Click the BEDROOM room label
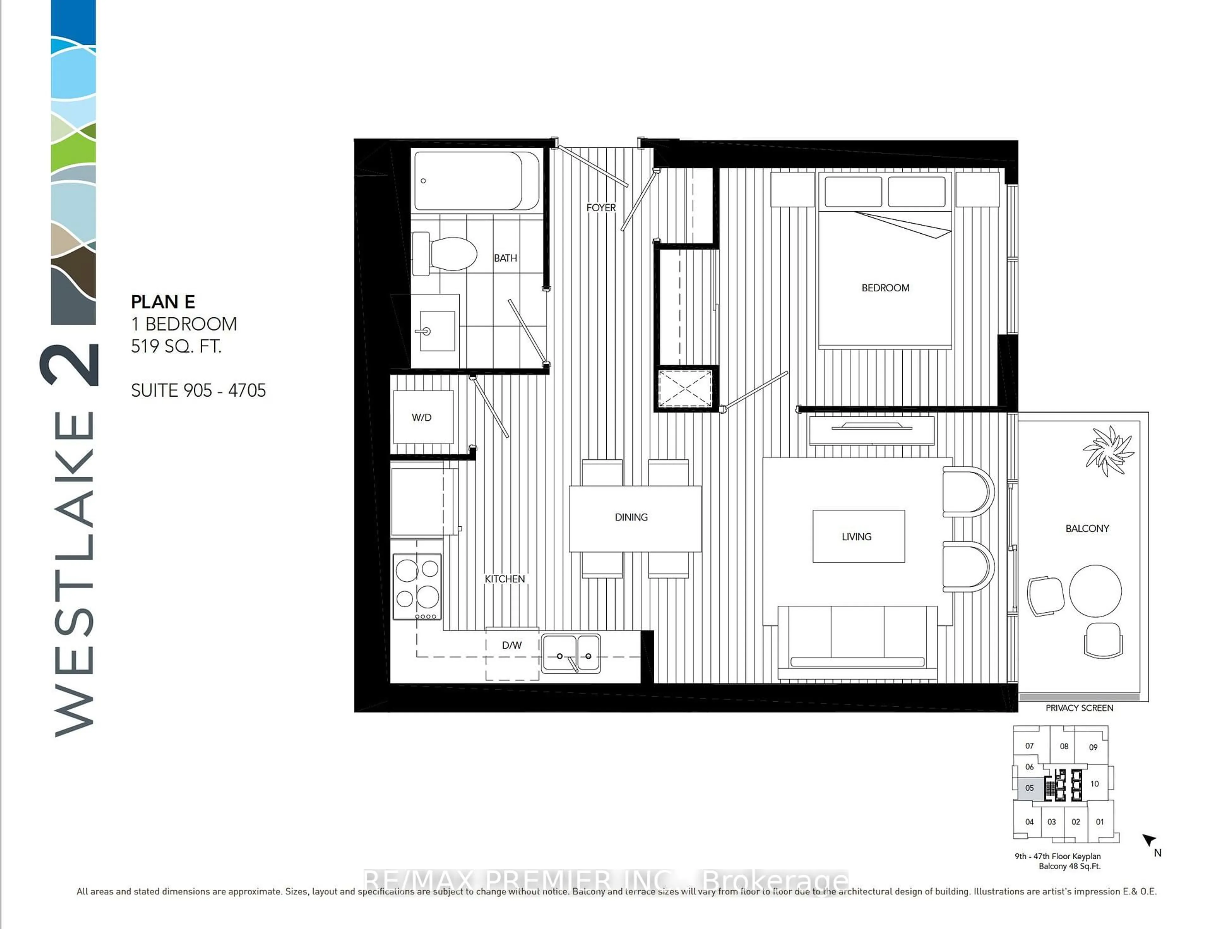pyautogui.click(x=885, y=288)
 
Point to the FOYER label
pyautogui.click(x=601, y=208)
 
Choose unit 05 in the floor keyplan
pyautogui.click(x=1029, y=788)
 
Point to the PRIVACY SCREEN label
pyautogui.click(x=1079, y=708)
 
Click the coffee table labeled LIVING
pyautogui.click(x=858, y=536)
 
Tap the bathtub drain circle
pyautogui.click(x=423, y=181)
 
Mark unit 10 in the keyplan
pyautogui.click(x=1094, y=783)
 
